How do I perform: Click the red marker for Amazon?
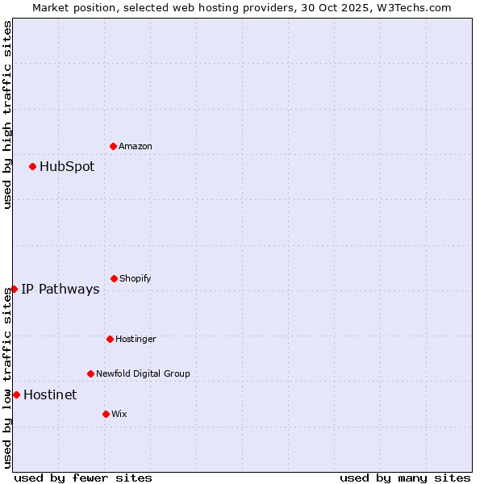pos(113,146)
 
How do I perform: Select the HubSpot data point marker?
pos(32,166)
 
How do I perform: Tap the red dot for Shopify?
pos(114,278)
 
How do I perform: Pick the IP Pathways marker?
pos(14,289)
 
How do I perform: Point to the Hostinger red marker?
pos(110,339)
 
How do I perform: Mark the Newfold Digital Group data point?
pos(90,373)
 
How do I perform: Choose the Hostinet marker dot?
pos(16,394)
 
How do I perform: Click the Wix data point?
pos(106,414)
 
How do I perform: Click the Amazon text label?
pos(136,146)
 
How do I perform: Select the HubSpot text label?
pos(67,167)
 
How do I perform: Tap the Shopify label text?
pos(136,278)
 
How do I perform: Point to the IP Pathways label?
pos(60,290)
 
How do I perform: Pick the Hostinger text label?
pos(136,339)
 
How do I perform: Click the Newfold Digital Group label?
pos(143,373)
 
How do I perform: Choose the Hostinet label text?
pos(50,395)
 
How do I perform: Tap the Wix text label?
pos(119,414)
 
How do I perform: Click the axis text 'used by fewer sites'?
pos(83,478)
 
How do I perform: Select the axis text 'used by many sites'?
pos(405,478)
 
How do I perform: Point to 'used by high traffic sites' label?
pos(7,115)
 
